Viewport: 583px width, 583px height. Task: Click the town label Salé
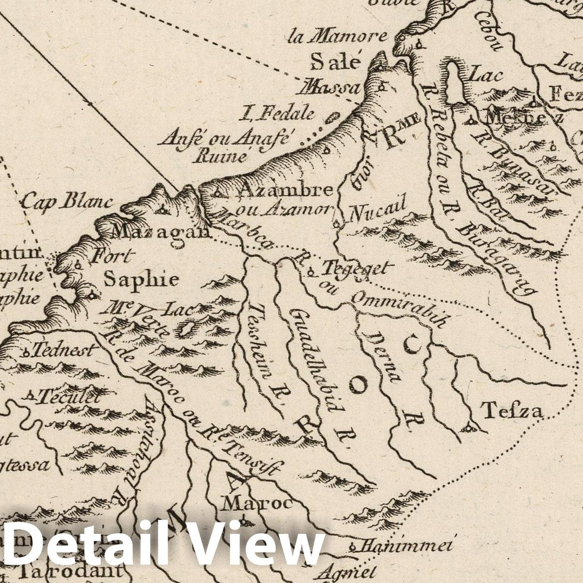pos(335,63)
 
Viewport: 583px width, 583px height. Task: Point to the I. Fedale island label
pos(279,113)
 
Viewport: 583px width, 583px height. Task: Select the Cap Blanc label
pos(67,202)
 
